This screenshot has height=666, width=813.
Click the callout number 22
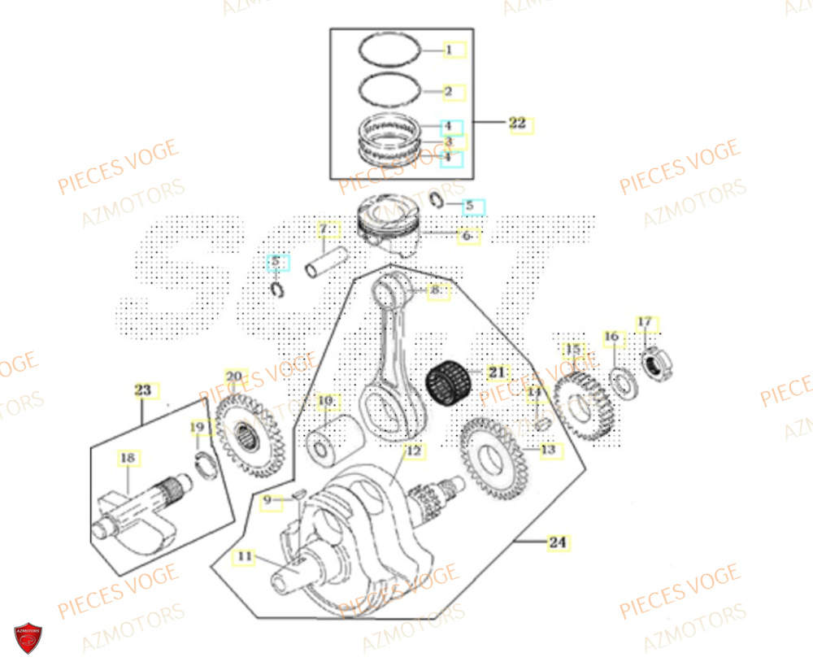point(518,124)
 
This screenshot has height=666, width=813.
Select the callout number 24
point(556,542)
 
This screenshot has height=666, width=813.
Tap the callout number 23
point(143,391)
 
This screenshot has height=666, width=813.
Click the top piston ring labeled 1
point(391,49)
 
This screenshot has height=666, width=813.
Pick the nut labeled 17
point(655,361)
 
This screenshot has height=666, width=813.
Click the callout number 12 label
point(413,451)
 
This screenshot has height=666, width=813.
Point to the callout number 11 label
point(242,558)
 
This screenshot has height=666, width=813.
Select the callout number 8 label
point(436,289)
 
